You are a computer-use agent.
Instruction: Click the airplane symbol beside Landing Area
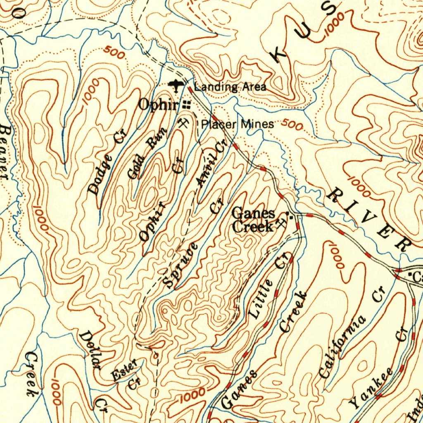coord(176,86)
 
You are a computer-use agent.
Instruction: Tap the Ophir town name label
coord(158,105)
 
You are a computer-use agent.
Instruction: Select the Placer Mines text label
coord(237,124)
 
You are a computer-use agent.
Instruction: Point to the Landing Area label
coord(230,87)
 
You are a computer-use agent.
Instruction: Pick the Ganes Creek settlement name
coord(253,220)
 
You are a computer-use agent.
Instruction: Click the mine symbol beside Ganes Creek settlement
coord(283,223)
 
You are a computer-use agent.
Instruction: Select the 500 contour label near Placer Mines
coord(292,124)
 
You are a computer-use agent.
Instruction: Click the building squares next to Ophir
coord(187,105)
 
